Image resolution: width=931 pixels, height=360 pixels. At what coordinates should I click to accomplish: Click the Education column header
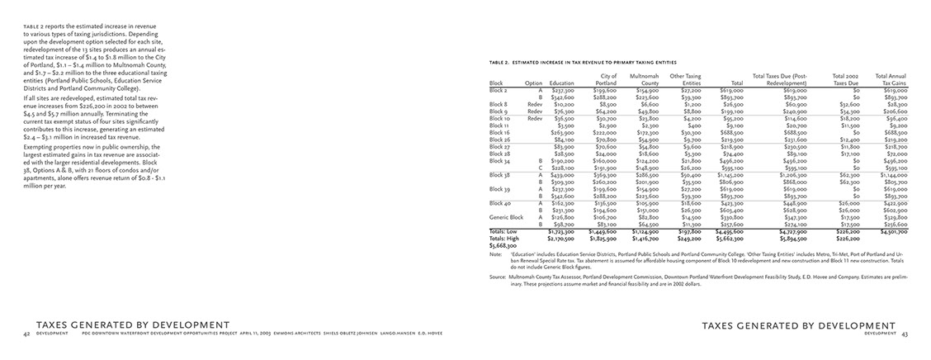pos(561,83)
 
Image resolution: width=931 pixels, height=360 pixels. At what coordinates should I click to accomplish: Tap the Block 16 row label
pos(501,132)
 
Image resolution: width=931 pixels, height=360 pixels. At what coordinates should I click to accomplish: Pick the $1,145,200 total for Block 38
pos(730,174)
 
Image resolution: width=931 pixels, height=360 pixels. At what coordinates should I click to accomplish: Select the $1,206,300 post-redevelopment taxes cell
pos(791,174)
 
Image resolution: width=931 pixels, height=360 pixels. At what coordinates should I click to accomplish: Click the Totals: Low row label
pos(504,231)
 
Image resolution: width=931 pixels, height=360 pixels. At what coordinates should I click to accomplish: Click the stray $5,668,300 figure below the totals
pos(504,245)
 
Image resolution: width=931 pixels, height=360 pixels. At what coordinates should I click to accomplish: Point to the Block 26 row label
pos(501,139)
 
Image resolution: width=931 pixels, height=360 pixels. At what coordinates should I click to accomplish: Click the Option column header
pos(533,83)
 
